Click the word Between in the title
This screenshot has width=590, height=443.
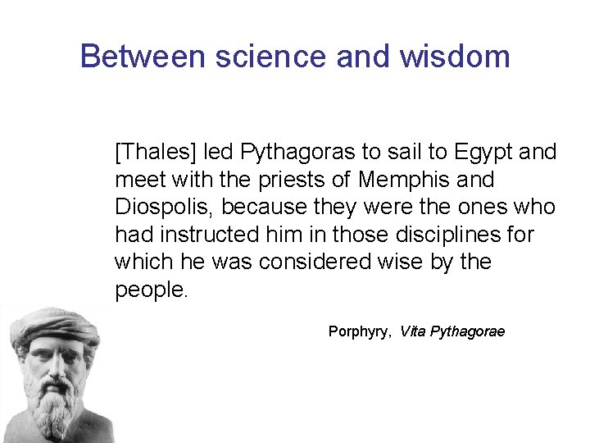(x=132, y=57)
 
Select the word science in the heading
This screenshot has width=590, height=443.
(x=249, y=57)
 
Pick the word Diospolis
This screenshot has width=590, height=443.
(x=165, y=207)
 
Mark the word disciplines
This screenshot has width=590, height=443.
(x=455, y=235)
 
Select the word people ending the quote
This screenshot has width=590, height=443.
(x=152, y=290)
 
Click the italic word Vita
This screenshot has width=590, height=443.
(x=413, y=332)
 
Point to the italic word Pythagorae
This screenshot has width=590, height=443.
(x=468, y=332)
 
